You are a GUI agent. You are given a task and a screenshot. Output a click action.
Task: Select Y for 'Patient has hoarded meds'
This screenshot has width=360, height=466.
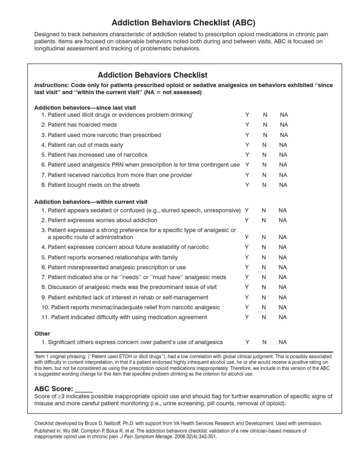pos(247,125)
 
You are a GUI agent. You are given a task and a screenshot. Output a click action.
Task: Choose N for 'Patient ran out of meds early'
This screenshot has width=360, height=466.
pos(265,145)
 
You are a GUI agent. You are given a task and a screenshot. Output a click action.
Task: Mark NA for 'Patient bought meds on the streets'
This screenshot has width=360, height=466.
pos(283,185)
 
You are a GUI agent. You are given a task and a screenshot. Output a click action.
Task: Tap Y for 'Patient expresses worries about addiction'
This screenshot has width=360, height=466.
pos(247,220)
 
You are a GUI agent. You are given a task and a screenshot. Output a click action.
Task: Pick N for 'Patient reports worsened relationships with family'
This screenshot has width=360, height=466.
pos(265,257)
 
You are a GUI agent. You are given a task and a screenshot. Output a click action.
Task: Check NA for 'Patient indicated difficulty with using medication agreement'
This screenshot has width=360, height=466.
pos(283,317)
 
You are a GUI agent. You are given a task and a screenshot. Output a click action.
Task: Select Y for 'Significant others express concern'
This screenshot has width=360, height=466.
pos(247,342)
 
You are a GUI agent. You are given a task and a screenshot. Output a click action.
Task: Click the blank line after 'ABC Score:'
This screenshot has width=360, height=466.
pos(84,389)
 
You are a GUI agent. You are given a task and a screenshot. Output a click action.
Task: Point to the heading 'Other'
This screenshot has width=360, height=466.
pos(42,334)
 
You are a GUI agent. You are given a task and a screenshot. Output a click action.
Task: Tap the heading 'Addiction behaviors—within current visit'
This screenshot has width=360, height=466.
pos(91,202)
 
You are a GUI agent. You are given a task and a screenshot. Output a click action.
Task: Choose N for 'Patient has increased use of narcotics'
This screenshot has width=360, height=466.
pos(265,155)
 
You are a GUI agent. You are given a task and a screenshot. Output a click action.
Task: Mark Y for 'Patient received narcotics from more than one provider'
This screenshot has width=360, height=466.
pos(247,175)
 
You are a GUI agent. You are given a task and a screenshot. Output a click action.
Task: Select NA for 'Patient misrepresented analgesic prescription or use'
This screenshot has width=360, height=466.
pos(283,267)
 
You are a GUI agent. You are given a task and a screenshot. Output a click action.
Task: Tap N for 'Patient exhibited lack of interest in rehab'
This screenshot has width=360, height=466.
pos(265,297)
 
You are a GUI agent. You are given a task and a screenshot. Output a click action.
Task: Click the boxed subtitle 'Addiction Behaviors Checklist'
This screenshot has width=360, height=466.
pos(152,75)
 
